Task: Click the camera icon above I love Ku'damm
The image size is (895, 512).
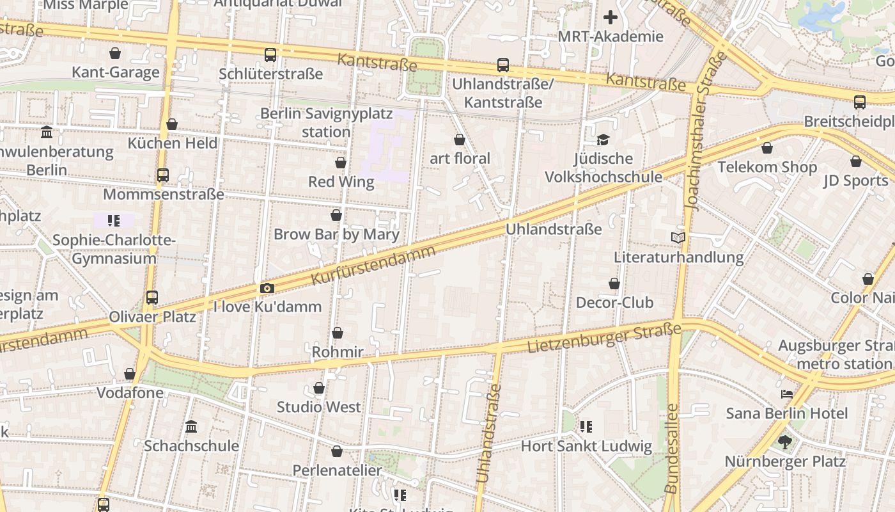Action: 267,289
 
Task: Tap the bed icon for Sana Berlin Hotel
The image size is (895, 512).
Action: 786,394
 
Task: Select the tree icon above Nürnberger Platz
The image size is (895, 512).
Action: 785,442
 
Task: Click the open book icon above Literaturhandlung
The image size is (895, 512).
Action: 678,238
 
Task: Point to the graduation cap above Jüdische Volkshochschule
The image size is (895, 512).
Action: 603,140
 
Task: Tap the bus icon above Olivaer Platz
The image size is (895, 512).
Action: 152,298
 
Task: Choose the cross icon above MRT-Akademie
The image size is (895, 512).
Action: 611,17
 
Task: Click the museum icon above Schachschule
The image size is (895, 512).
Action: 191,426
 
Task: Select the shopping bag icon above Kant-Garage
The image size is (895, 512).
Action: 115,53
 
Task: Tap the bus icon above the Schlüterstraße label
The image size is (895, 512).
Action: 270,55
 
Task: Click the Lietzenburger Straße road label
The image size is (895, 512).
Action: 604,339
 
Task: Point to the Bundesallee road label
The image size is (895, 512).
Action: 671,448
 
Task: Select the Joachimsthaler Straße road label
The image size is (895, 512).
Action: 706,131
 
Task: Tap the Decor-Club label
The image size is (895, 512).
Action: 614,302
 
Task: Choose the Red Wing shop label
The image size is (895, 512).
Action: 341,182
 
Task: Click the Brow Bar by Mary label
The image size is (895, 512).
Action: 336,234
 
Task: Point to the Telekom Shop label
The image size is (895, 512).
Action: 767,167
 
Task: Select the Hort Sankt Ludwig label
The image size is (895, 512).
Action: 586,446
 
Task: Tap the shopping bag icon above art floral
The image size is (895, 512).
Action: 459,140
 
